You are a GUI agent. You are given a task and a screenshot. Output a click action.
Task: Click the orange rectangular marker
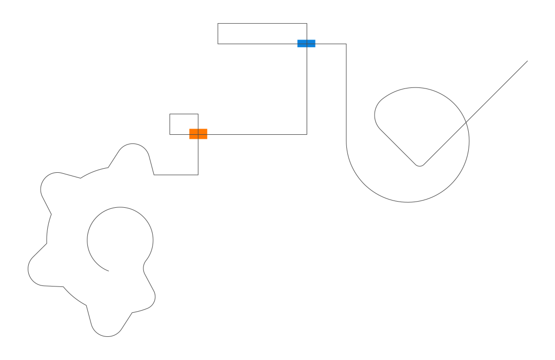[x=198, y=134]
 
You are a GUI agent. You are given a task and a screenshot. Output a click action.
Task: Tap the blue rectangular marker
[x=306, y=43]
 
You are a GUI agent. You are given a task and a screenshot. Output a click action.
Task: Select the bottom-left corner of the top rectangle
[x=218, y=44]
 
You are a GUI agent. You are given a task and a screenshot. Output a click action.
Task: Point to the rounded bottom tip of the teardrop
[x=419, y=166]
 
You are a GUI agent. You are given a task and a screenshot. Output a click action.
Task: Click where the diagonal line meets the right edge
[x=527, y=61]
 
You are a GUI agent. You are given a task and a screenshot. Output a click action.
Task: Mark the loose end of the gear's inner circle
[x=108, y=271]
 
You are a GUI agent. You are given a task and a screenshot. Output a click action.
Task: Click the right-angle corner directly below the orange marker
[x=198, y=175]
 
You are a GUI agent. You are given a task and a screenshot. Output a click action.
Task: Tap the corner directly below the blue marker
[x=307, y=135]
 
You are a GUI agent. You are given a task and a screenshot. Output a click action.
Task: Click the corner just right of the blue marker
[x=346, y=44]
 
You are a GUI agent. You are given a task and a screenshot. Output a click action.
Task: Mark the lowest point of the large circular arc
[x=408, y=202]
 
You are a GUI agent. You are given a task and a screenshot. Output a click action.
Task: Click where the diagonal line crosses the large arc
[x=466, y=123]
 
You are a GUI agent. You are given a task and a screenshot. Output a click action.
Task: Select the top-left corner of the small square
[x=170, y=114]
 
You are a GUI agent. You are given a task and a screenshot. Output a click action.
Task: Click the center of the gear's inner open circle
[x=120, y=240]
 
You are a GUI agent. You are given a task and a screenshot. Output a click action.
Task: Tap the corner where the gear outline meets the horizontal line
[x=154, y=175]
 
